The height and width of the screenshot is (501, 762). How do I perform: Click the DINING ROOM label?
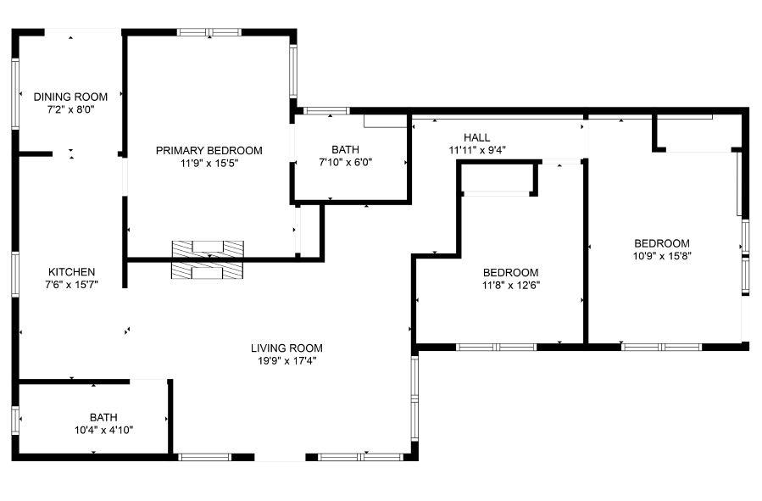coord(70,97)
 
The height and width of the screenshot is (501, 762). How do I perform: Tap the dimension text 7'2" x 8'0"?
coord(70,109)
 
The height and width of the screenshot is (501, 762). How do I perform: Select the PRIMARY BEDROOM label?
coord(209,151)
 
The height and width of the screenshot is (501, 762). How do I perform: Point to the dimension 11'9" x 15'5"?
coord(209,163)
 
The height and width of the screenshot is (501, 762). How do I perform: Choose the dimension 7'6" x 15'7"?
coord(71,284)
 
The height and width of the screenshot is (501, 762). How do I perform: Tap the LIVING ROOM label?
coord(286,348)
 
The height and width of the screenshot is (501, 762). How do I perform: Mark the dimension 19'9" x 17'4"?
coord(286,360)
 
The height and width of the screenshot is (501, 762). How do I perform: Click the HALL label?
coord(476,138)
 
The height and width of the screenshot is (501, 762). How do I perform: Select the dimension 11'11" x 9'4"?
coord(477,150)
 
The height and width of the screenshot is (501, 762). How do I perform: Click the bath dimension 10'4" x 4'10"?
coord(104,430)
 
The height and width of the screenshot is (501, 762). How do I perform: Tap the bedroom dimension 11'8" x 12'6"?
coord(511,285)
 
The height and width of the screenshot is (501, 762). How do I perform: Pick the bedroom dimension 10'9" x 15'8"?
coord(661,255)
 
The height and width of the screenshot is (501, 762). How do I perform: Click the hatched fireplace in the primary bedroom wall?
coord(208,259)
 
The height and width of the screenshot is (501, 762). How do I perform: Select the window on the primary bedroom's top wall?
coord(209,32)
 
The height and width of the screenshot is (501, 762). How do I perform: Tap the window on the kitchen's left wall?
coord(15,275)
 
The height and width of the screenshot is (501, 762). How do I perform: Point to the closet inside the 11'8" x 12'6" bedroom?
coord(498,179)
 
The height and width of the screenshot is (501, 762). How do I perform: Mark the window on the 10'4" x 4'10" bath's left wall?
coord(15,420)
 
